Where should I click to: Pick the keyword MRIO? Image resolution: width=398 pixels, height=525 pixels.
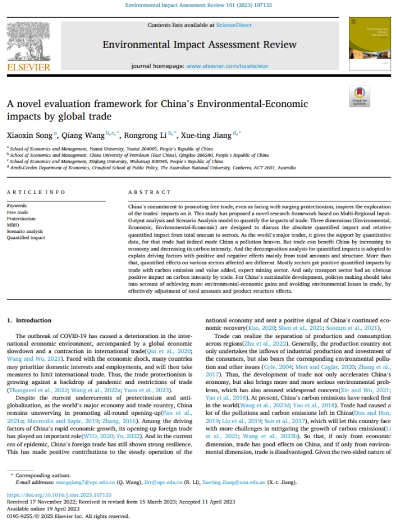click(x=13, y=225)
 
